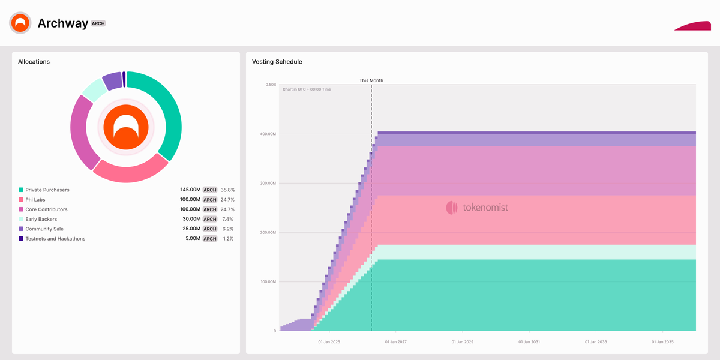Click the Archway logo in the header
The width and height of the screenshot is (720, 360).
[x=20, y=23]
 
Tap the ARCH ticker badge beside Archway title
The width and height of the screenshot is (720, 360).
[x=98, y=23]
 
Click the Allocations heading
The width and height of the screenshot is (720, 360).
[x=34, y=62]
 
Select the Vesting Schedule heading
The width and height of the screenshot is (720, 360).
[x=277, y=62]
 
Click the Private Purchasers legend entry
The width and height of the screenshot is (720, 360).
[x=47, y=190]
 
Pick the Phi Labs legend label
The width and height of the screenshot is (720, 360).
[x=35, y=200]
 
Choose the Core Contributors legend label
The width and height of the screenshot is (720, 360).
[x=46, y=209]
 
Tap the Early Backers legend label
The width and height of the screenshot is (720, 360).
[x=41, y=220]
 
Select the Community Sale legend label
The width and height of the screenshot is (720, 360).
[x=44, y=229]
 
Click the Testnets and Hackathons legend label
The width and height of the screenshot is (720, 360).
[x=55, y=239]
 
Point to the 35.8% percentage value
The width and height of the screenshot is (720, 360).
[x=227, y=190]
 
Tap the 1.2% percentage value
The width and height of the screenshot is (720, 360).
[x=228, y=239]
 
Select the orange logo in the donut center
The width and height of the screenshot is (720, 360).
[x=126, y=127]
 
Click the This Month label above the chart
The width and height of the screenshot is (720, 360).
[x=371, y=80]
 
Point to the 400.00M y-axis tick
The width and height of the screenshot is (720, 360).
[x=268, y=134]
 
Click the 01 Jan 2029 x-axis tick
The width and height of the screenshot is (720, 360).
[x=461, y=342]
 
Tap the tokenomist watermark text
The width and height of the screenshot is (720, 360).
[x=485, y=208]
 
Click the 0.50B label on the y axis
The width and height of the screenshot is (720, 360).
[x=270, y=85]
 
